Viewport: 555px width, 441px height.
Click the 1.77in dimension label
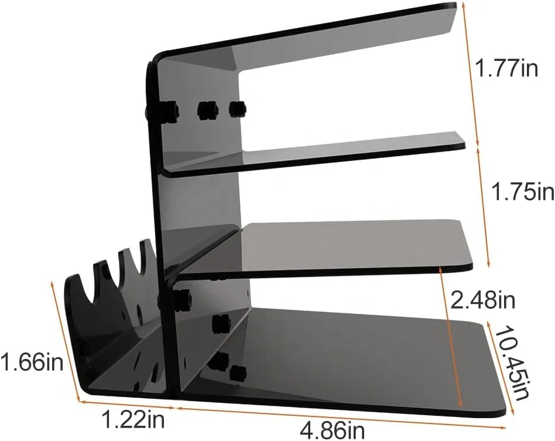(x=506, y=69)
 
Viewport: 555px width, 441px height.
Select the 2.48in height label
(x=483, y=301)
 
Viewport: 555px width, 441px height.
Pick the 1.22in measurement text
(x=134, y=419)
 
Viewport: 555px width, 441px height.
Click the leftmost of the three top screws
(x=169, y=111)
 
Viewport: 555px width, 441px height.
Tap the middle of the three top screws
(x=207, y=109)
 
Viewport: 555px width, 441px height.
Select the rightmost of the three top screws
(x=237, y=108)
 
